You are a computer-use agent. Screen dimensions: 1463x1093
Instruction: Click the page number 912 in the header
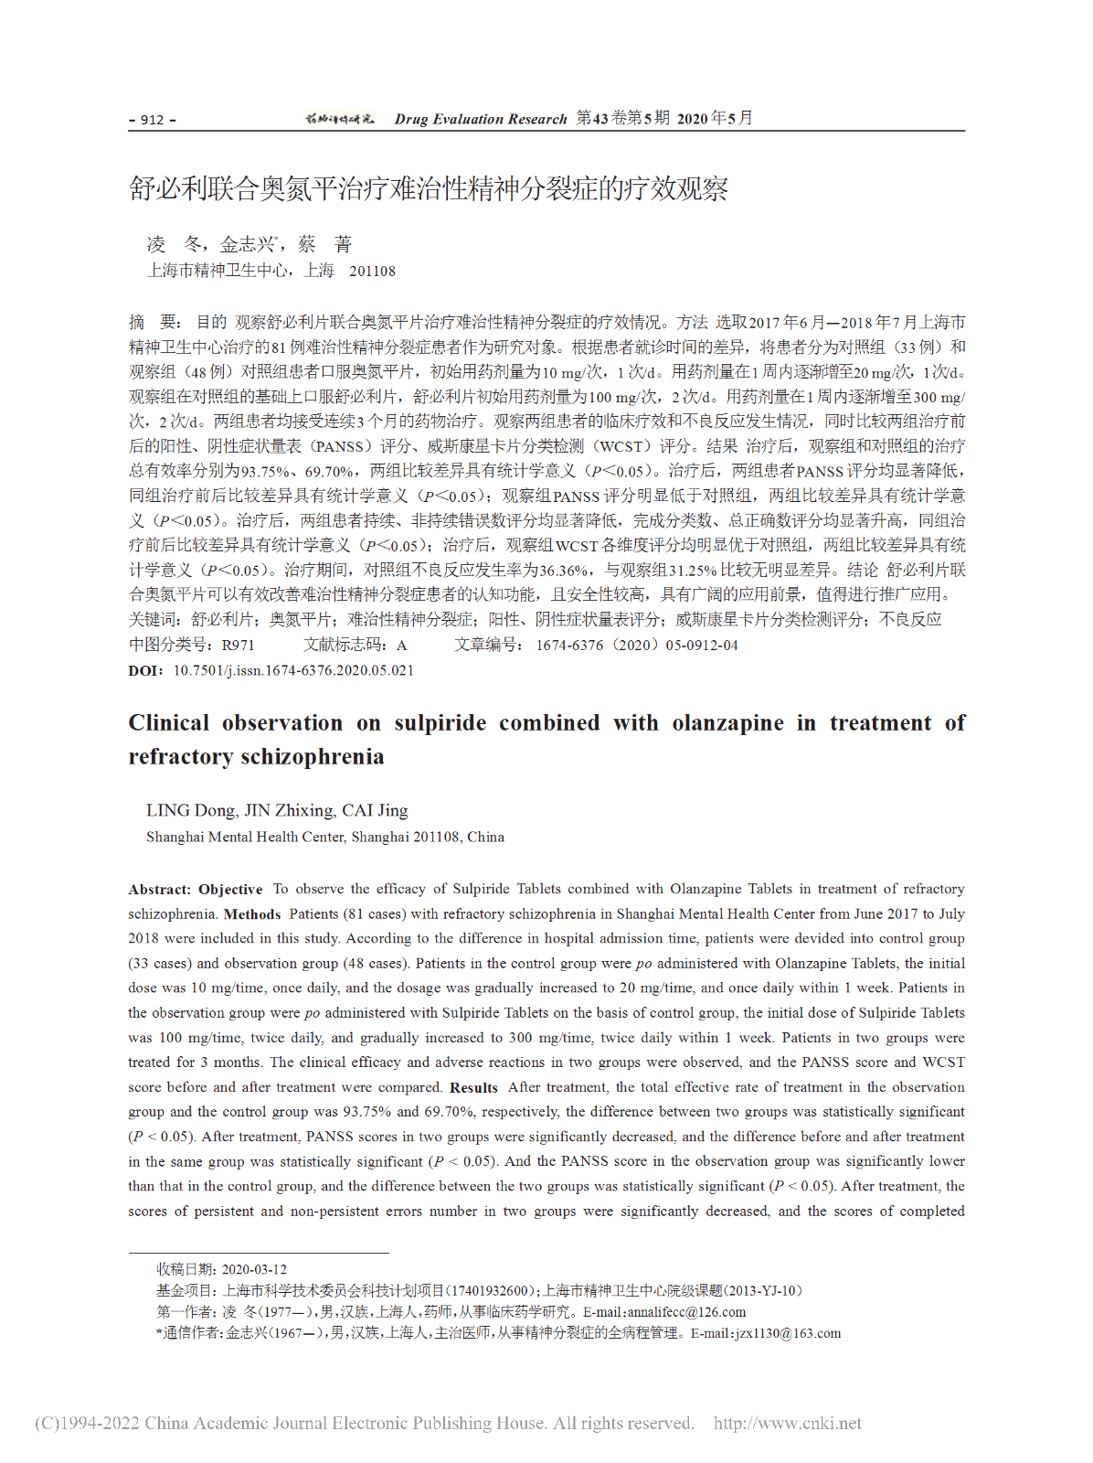152,120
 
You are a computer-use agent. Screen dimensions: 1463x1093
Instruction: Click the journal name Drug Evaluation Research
481,120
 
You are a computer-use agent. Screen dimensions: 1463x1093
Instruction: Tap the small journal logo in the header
339,119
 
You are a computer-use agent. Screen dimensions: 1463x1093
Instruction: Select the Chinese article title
428,189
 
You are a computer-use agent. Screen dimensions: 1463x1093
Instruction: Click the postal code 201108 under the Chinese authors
372,272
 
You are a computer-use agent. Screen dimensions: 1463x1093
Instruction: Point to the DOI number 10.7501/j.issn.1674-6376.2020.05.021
293,670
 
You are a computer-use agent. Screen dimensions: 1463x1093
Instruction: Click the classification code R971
238,646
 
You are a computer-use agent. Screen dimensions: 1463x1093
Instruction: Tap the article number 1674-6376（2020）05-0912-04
636,646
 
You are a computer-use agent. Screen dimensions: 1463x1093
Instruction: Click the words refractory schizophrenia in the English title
256,757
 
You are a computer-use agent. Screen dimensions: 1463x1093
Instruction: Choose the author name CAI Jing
375,810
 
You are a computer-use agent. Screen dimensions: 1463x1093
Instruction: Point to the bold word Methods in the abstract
252,914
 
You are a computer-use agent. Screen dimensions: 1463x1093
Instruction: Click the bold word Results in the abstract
473,1088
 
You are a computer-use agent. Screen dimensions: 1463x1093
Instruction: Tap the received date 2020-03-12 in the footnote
254,1269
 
